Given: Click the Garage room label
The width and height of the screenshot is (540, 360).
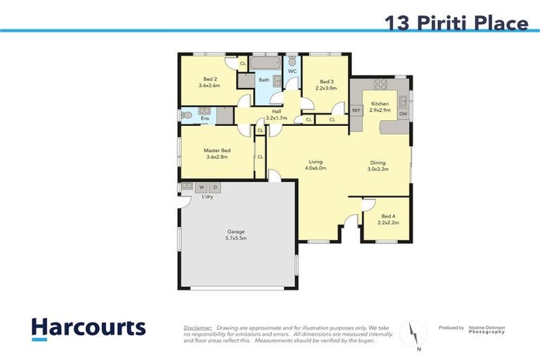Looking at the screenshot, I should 236,231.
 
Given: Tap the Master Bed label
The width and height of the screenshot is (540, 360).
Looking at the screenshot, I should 217,150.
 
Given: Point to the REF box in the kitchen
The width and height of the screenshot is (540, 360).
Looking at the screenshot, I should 356,110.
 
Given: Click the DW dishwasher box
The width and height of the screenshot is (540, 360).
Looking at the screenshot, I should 403,113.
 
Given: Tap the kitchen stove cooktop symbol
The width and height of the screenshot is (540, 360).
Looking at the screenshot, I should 381,84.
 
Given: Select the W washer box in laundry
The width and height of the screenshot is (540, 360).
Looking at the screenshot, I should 202,187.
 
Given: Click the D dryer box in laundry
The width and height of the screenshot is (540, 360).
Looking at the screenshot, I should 215,187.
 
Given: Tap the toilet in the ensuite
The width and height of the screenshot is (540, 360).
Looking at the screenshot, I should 185,115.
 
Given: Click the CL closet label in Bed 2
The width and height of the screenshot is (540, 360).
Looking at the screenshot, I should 243,64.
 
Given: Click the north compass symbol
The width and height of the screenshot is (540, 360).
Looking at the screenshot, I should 414,332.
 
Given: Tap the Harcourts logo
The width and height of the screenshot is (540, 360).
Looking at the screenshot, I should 89,328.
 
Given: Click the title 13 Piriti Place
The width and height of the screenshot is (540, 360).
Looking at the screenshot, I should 456,23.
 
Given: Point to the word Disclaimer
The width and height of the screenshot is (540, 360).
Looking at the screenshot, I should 198,328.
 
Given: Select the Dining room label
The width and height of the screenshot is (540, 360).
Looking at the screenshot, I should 379,162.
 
